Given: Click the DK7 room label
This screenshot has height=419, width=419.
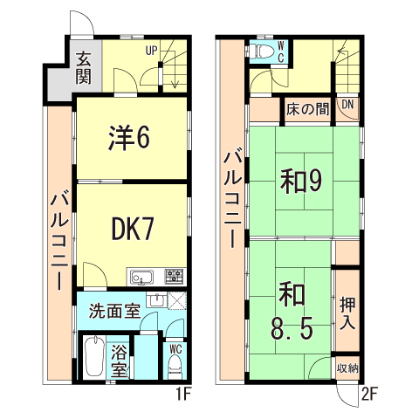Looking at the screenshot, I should click(x=133, y=229).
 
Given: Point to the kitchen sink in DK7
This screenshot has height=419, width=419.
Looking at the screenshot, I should click(x=141, y=278).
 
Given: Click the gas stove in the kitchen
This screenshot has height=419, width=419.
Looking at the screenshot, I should click(x=175, y=278).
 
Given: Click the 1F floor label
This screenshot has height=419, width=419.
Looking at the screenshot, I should click(x=182, y=394).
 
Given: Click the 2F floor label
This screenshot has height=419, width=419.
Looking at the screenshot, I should click(x=369, y=394).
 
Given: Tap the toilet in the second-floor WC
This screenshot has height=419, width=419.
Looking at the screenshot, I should click(x=259, y=51).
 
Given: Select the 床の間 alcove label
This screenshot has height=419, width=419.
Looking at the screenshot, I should click(x=306, y=110).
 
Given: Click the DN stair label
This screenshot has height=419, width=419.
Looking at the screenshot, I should click(x=347, y=106).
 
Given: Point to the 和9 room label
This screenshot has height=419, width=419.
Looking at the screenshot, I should click(x=302, y=181).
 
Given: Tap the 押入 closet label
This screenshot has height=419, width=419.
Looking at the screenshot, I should click(x=347, y=312).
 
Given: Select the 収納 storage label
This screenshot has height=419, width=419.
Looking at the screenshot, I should click(x=347, y=368).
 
